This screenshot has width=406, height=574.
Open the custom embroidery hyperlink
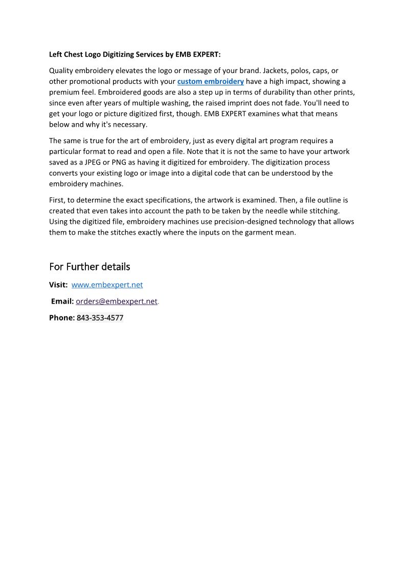210,82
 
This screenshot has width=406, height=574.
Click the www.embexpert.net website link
107,285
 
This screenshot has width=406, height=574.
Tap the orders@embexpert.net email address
117,302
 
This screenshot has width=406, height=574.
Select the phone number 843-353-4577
100,318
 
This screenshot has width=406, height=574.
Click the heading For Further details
89,267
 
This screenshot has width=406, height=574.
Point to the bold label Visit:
58,285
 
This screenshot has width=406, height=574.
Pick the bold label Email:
62,302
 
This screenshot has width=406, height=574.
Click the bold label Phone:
62,318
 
